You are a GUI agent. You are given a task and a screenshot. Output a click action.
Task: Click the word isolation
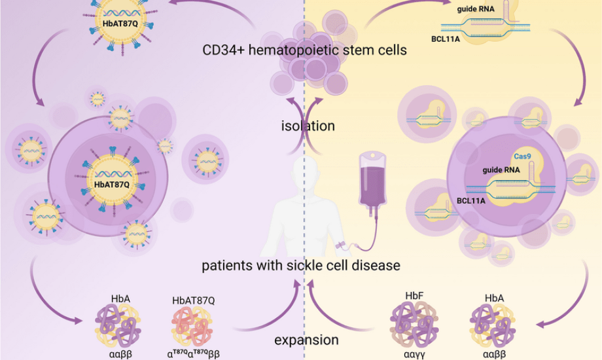pyautogui.click(x=308, y=125)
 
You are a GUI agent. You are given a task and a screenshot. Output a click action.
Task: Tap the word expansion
pyautogui.click(x=306, y=340)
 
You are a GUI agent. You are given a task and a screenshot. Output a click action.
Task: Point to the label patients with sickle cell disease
pyautogui.click(x=301, y=266)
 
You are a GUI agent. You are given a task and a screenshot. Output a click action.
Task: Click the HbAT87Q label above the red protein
pyautogui.click(x=193, y=300)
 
